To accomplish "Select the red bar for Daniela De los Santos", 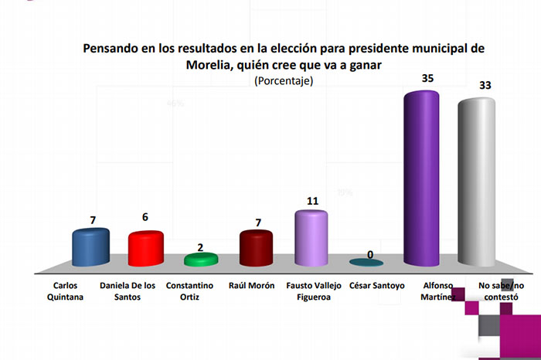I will [x=145, y=250].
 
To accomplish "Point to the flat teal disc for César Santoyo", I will [x=367, y=263].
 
